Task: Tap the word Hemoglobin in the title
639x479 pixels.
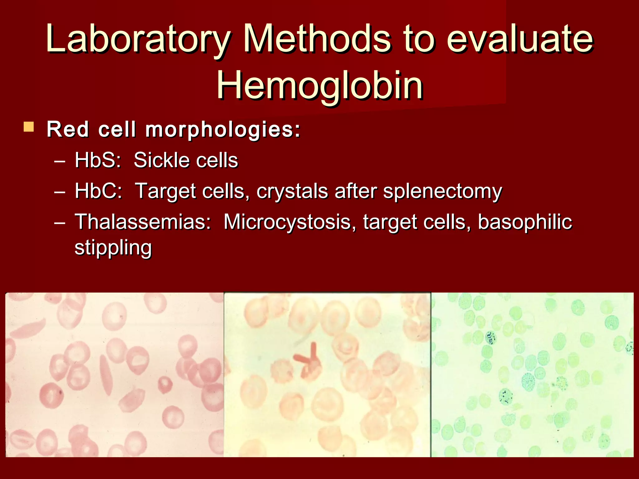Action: tap(319, 85)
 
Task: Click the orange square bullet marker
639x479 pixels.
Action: tap(29, 127)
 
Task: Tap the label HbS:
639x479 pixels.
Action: tap(98, 160)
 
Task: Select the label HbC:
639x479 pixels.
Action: tap(98, 191)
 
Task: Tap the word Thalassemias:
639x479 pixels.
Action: tap(143, 222)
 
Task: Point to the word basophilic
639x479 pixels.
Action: tap(525, 222)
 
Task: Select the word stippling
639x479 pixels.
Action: tap(113, 248)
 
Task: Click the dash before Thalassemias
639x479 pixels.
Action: tap(59, 223)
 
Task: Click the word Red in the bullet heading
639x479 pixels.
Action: tap(68, 129)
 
